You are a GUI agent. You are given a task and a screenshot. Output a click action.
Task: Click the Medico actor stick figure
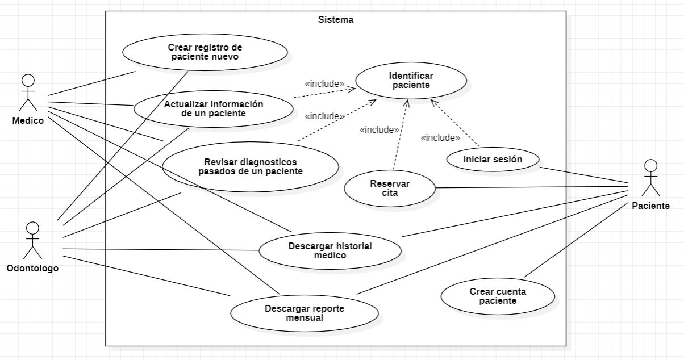28,93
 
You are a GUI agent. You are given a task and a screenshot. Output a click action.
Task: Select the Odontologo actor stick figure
33,240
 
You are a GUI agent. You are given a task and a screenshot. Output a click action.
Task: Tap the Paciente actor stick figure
650,178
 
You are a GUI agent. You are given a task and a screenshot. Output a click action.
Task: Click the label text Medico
28,120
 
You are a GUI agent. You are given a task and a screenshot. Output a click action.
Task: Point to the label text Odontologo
32,268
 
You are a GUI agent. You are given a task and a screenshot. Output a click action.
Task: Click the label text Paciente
650,206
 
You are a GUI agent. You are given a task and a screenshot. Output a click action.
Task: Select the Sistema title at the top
335,19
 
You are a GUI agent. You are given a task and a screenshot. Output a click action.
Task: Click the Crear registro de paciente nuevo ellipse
205,52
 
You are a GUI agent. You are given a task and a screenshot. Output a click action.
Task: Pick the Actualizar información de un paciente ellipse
214,108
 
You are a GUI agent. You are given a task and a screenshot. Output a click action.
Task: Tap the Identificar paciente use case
411,81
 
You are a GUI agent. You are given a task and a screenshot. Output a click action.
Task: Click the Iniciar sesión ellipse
493,160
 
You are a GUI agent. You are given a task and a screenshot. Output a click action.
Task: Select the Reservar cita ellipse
390,188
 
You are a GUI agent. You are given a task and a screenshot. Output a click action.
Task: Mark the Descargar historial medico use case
330,250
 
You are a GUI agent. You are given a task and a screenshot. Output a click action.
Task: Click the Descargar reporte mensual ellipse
305,313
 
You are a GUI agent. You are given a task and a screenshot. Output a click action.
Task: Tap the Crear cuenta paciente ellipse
498,296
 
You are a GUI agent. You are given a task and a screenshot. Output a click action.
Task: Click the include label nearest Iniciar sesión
440,137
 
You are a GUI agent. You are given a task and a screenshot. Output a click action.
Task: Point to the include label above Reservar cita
379,130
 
